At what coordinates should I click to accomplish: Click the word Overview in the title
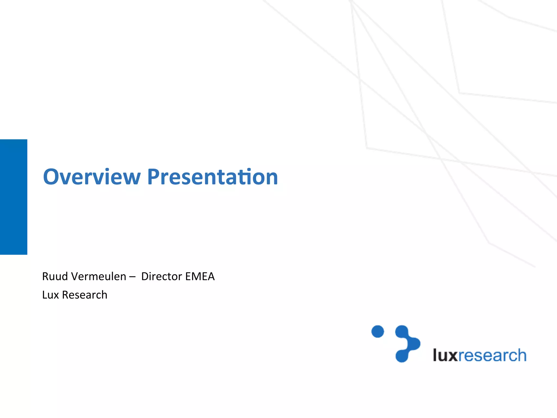(x=92, y=177)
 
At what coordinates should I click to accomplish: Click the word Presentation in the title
(x=212, y=177)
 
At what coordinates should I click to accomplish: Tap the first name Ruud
(x=55, y=276)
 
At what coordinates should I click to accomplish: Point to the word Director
(x=162, y=276)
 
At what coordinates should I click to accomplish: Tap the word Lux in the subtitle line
(x=51, y=295)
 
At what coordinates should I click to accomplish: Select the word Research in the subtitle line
(x=85, y=295)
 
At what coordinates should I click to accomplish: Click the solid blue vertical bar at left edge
(x=14, y=197)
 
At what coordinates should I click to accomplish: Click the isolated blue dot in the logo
(x=377, y=331)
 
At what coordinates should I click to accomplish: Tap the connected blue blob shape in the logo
(x=407, y=344)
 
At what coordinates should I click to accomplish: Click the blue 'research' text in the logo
(x=492, y=355)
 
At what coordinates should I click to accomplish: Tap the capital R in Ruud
(x=45, y=276)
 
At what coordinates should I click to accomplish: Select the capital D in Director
(x=145, y=276)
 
